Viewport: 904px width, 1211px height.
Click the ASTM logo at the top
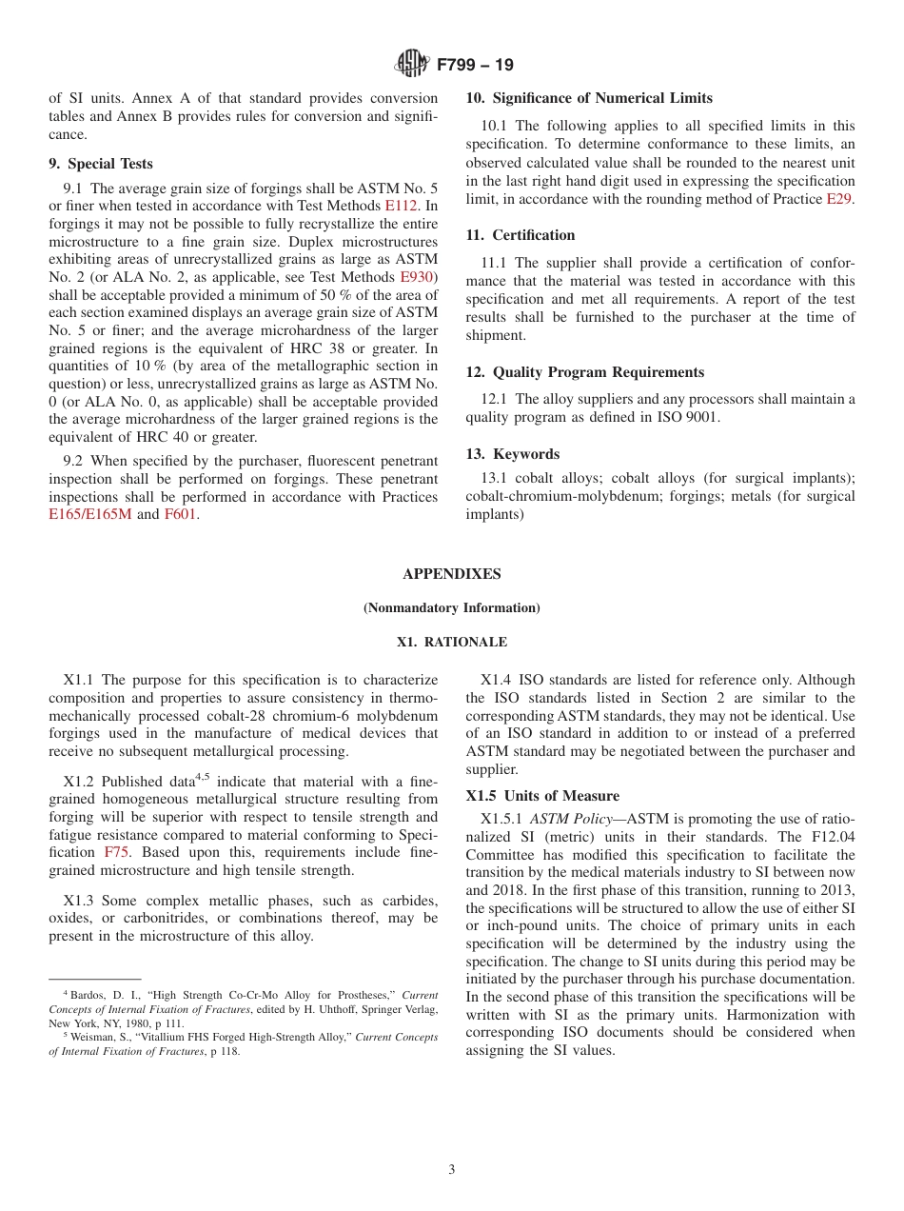click(411, 64)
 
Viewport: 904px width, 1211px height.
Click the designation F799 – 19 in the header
click(475, 65)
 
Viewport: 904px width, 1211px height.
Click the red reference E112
click(401, 205)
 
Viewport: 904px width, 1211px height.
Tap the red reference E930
click(416, 277)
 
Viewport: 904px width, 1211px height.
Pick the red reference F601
click(181, 515)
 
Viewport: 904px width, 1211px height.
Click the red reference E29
click(839, 199)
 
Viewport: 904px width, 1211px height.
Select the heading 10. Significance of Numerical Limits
click(588, 98)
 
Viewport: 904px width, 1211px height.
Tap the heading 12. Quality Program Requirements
click(584, 372)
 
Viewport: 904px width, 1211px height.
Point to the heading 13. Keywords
click(512, 454)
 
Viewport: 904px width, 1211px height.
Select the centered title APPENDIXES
click(451, 574)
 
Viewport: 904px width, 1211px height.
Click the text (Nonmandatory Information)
click(451, 608)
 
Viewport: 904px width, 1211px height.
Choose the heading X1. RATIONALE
click(451, 643)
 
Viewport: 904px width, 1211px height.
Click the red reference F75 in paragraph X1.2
click(116, 853)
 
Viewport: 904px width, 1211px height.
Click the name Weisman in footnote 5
click(88, 1037)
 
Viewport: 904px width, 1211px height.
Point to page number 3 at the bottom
click(452, 1170)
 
